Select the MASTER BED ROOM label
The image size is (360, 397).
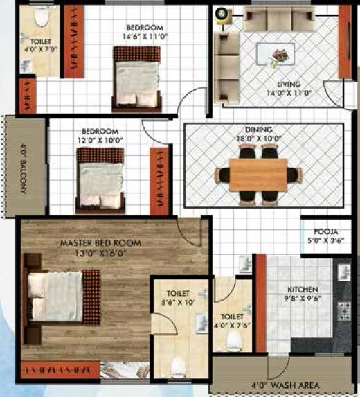[x=100, y=243]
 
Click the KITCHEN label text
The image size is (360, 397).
[x=303, y=290]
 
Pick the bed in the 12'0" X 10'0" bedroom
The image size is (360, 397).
[x=100, y=180]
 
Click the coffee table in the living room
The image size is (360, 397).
[x=275, y=54]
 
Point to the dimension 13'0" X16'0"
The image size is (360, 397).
[x=100, y=253]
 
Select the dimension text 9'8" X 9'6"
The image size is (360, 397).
[x=303, y=299]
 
